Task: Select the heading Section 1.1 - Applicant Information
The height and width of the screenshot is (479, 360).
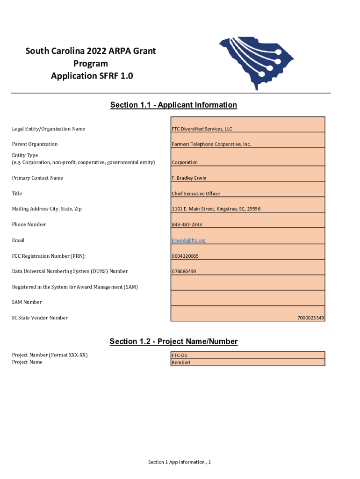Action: (x=173, y=105)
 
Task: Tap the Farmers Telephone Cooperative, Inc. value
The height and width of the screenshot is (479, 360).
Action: (x=211, y=144)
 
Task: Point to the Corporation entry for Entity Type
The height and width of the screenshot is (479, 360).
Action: (x=185, y=162)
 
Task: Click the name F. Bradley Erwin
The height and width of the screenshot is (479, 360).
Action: (x=189, y=178)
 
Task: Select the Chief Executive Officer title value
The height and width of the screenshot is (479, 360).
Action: (x=196, y=194)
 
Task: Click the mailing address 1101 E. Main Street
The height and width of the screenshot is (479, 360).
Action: (x=216, y=209)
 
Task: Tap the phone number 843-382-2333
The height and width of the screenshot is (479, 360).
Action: (x=187, y=225)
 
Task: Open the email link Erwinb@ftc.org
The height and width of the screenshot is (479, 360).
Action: (x=188, y=240)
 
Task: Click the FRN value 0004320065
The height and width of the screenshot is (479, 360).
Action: (x=185, y=256)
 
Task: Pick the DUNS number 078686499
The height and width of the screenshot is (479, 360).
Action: (x=184, y=271)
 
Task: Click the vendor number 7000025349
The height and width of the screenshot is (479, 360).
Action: (x=310, y=318)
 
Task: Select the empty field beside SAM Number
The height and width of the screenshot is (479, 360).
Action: (x=248, y=298)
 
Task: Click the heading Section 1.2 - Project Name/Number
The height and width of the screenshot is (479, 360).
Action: (x=173, y=341)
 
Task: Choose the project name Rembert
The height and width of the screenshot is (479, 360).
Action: (x=181, y=363)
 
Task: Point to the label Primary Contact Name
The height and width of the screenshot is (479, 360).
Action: (x=37, y=178)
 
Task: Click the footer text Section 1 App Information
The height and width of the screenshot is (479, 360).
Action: (x=180, y=462)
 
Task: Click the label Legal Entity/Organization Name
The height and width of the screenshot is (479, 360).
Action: (x=49, y=129)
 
